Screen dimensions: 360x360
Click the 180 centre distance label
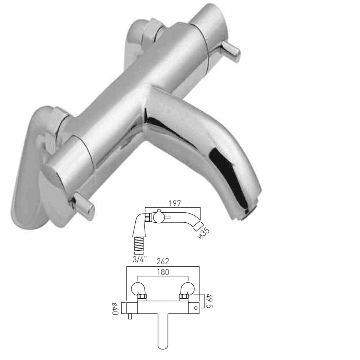pyautogui.click(x=163, y=272)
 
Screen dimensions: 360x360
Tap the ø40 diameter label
pyautogui.click(x=115, y=308)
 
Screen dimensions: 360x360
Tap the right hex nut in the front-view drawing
pyautogui.click(x=184, y=297)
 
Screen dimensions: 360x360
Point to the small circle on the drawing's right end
pyautogui.click(x=196, y=308)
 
